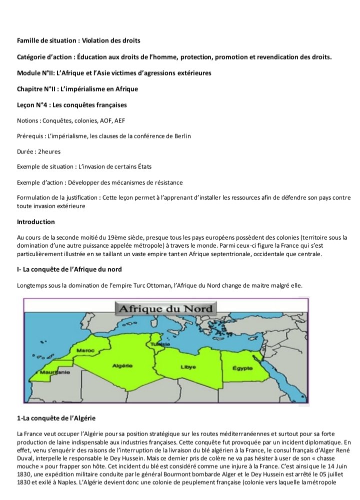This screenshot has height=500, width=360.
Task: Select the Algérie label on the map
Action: point(122,366)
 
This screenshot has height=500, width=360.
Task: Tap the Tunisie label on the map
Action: point(160,344)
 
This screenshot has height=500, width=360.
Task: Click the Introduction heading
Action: point(36,221)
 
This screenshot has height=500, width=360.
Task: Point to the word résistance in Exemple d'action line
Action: point(167,182)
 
